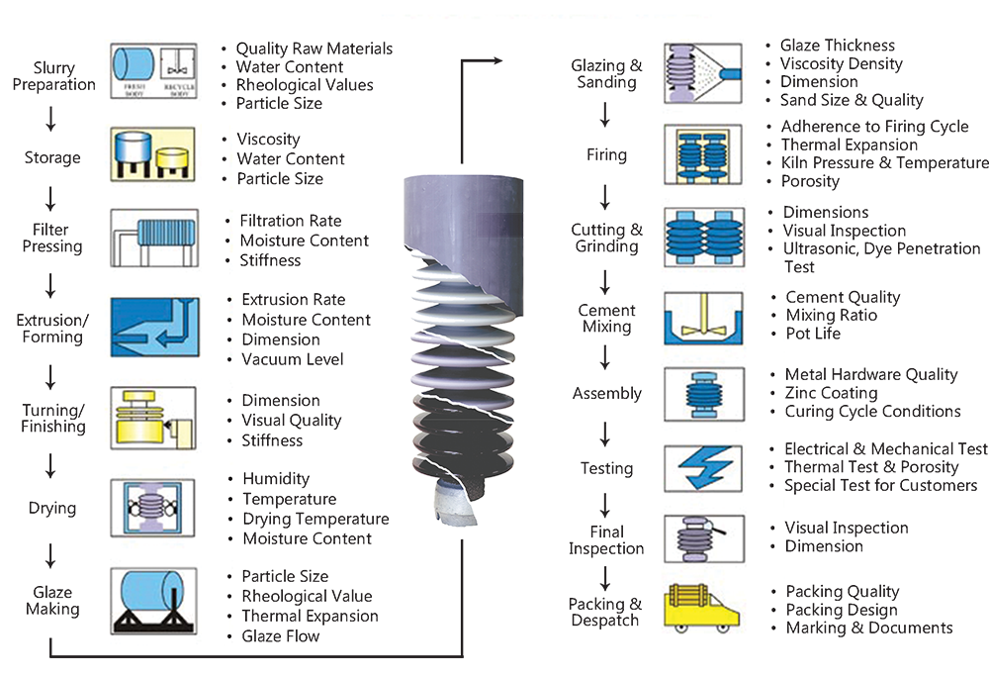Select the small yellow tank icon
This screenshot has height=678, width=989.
175,157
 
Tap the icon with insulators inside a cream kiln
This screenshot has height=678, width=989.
703,154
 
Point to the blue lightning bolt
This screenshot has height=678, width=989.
703,466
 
